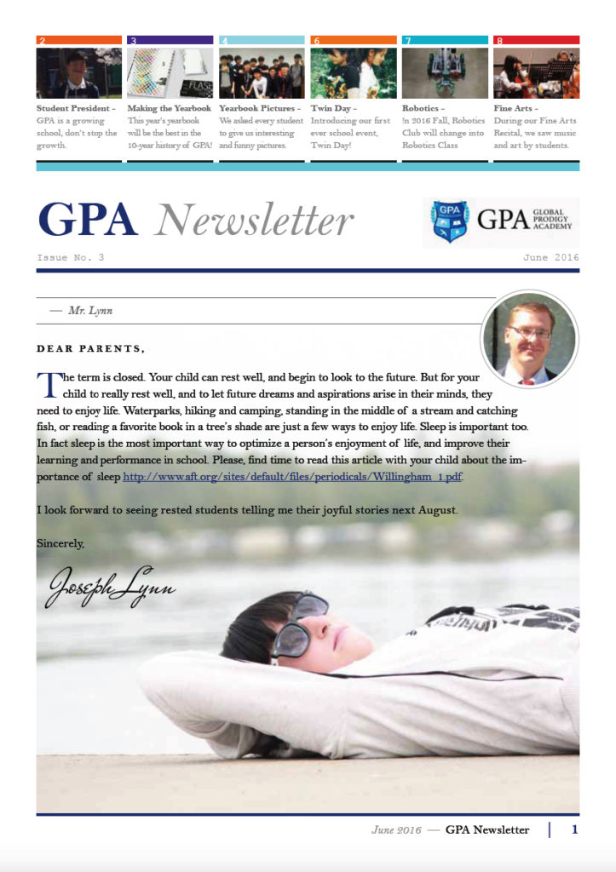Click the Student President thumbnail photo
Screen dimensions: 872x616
[79, 72]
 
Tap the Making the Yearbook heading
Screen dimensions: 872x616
[170, 109]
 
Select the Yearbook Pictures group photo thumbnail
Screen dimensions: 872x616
[262, 72]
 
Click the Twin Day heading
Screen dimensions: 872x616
[333, 109]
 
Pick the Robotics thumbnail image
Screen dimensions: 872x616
[445, 72]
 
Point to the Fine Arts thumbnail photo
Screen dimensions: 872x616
[536, 72]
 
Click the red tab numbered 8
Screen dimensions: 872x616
[536, 40]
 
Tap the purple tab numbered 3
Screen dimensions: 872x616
[170, 40]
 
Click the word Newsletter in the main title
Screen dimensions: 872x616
[254, 221]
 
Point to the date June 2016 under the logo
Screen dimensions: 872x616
[551, 257]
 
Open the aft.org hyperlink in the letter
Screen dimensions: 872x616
[292, 477]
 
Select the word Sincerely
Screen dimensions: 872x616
[60, 542]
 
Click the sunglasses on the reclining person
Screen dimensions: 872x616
[300, 625]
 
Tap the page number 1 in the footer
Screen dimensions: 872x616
[574, 829]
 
